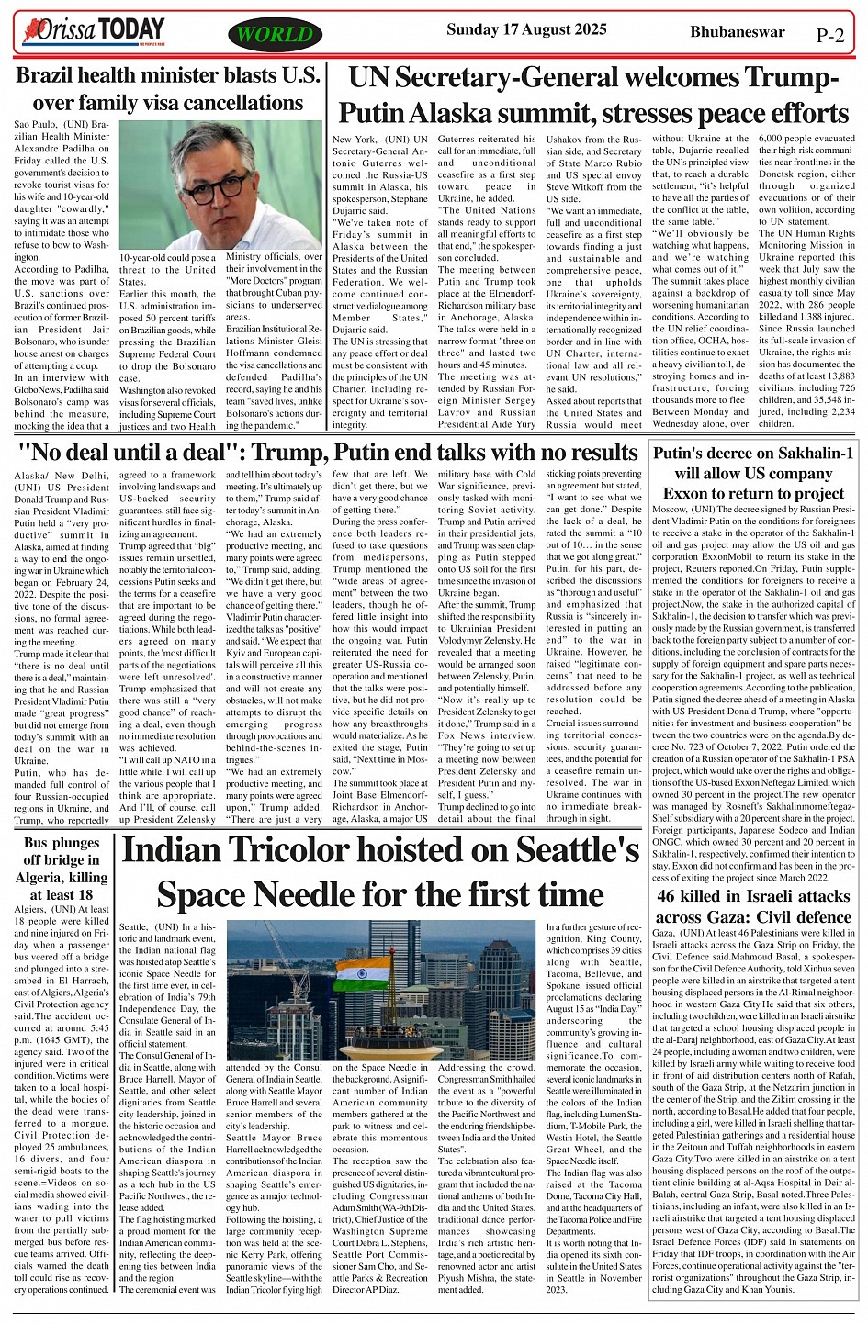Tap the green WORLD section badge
click(276, 35)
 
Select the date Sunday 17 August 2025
click(520, 29)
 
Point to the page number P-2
click(829, 36)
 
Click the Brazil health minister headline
click(169, 89)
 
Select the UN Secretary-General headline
click(592, 95)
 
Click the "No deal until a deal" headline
click(328, 452)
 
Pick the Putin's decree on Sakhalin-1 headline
click(753, 473)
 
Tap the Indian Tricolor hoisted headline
click(380, 871)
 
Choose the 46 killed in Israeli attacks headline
click(753, 906)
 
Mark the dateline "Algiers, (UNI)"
click(46, 909)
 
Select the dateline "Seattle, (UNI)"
click(151, 927)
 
